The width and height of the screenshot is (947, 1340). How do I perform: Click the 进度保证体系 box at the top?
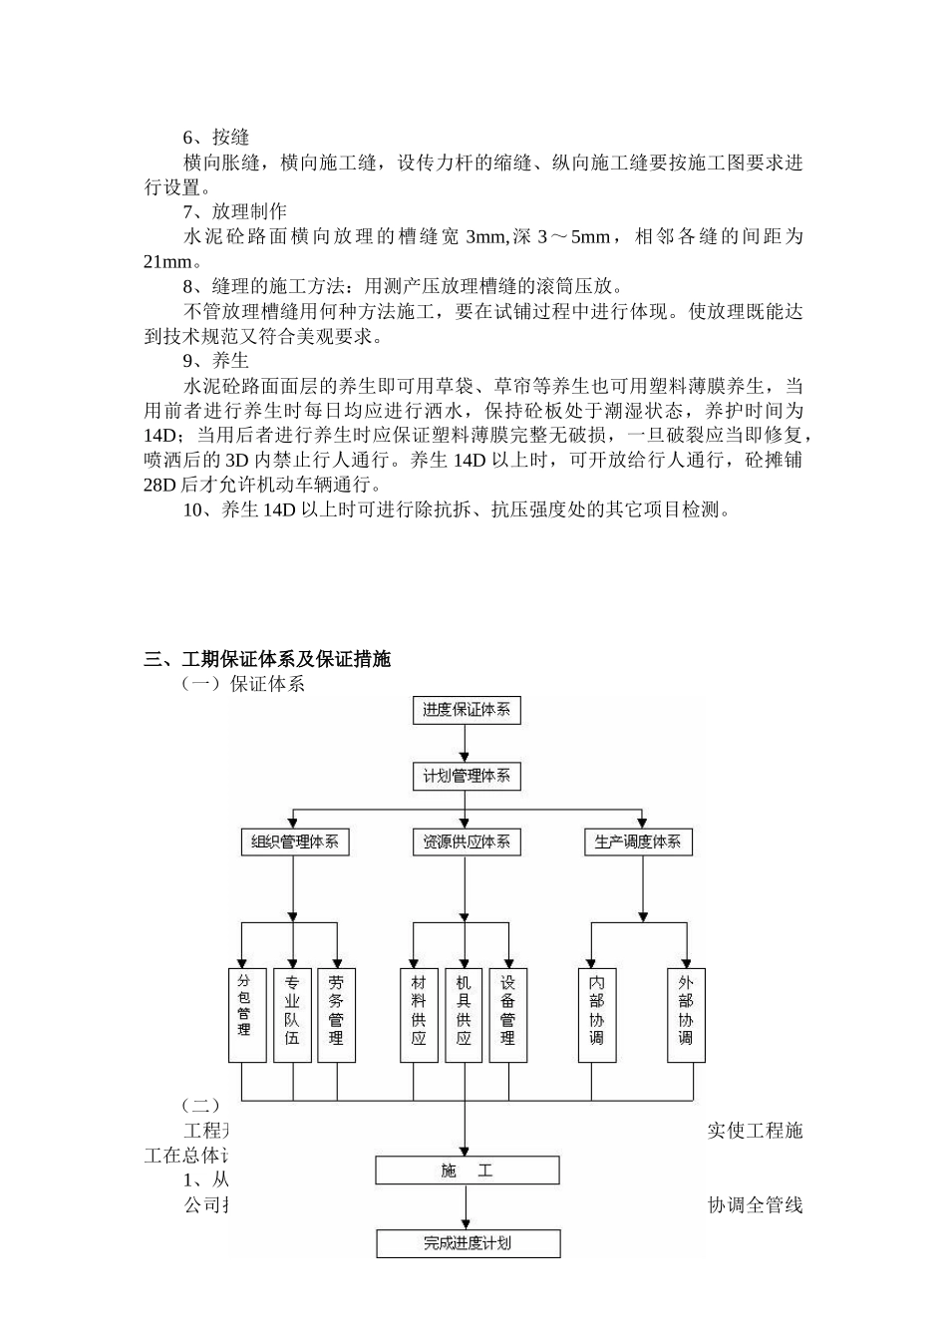[466, 710]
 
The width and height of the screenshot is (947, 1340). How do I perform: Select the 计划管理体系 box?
[466, 776]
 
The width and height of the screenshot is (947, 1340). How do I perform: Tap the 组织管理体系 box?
[294, 841]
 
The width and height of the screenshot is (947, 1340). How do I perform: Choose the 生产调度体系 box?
[638, 841]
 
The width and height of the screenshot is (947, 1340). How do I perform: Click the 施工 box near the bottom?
[467, 1171]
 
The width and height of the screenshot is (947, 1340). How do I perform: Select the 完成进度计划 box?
[468, 1243]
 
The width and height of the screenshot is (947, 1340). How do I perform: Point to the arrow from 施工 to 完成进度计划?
[466, 1207]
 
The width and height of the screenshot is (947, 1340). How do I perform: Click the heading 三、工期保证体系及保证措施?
[267, 659]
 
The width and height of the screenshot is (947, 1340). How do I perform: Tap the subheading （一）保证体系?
[241, 684]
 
